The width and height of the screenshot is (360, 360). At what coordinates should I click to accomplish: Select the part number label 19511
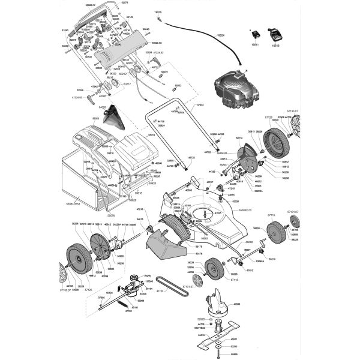click(254, 44)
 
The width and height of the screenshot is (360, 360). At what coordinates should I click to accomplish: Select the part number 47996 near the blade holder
click(237, 304)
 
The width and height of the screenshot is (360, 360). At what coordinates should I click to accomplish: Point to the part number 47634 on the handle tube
click(200, 105)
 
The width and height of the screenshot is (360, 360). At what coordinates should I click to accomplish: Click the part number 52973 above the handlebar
click(125, 3)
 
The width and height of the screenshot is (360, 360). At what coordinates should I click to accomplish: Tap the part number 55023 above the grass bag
click(96, 118)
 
